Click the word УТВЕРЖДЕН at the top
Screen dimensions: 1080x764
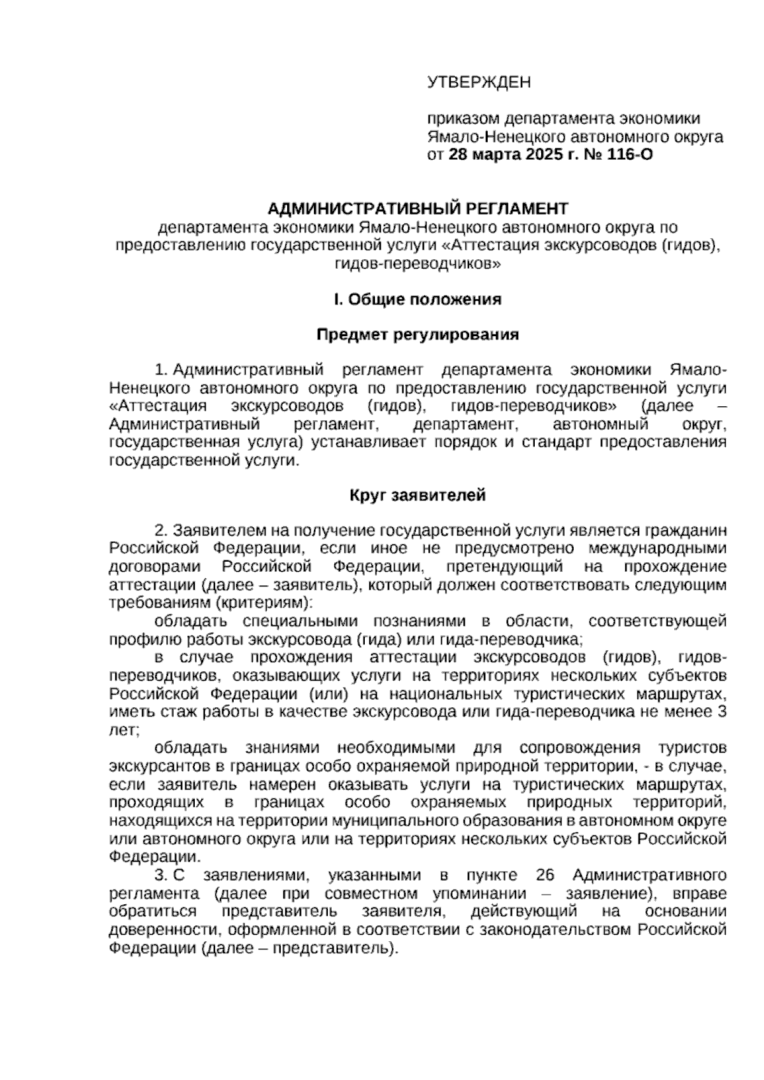[x=478, y=82]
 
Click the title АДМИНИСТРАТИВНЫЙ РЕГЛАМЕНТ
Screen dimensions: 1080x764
[x=418, y=208]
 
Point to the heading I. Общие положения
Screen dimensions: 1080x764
[x=418, y=299]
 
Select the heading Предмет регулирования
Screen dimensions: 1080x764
[x=418, y=335]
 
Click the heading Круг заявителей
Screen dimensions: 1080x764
[x=418, y=495]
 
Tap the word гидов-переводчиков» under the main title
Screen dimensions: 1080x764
[x=418, y=263]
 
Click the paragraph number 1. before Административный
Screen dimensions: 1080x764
[x=161, y=370]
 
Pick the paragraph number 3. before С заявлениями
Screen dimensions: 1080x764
[x=161, y=874]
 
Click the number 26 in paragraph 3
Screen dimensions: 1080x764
[x=546, y=874]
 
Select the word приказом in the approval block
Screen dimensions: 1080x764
[x=463, y=119]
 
